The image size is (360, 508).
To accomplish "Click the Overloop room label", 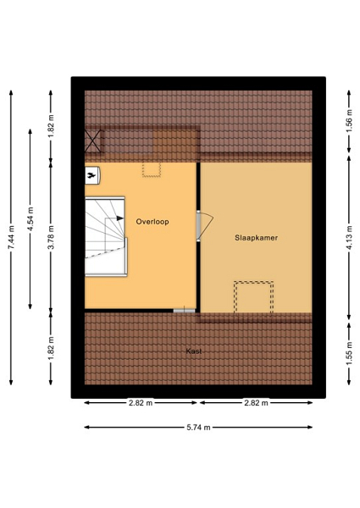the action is point(152,222).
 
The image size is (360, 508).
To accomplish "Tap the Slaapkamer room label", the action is point(256,238).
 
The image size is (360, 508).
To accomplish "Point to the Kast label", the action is point(194,351).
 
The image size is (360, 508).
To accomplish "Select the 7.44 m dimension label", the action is point(11,237).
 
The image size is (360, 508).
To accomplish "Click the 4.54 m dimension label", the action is point(30,219).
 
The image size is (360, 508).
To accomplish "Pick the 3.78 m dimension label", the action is point(51,237).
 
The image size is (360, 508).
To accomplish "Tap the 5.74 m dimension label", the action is point(198,428).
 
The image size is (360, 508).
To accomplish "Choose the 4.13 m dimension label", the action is point(349,237).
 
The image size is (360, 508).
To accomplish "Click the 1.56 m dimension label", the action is point(349,122).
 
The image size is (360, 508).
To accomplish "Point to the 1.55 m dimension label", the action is point(349,354).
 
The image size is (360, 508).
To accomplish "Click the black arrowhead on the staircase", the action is point(120,218).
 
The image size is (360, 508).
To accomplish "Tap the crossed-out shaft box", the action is point(93,141).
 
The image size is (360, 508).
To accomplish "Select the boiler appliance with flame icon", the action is point(92,175).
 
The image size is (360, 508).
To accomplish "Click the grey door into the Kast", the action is point(184,311).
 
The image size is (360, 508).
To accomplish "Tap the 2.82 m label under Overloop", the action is point(141,403).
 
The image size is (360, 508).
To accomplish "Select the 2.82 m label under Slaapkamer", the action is point(256,403).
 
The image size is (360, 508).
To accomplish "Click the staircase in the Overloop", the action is point(106,236).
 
